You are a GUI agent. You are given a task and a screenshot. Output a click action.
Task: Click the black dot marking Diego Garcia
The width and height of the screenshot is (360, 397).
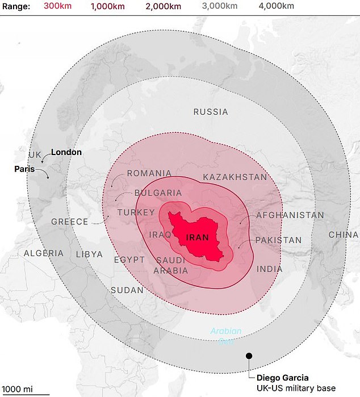coord(249,356)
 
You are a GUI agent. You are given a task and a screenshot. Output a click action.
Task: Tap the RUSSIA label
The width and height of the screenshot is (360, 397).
coord(211,112)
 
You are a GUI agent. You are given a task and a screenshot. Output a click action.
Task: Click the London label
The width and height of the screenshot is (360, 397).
coord(66,152)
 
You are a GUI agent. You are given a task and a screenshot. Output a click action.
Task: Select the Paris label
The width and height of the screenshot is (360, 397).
coord(24,169)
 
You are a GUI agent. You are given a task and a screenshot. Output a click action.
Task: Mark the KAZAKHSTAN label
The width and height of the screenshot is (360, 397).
coord(235,177)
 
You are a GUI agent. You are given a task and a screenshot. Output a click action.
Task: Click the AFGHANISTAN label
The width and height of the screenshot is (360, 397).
coord(290,215)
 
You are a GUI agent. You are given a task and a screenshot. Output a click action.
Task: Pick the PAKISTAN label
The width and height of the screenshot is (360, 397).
coord(278,240)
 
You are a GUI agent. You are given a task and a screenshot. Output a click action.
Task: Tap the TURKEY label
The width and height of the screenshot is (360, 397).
coord(136,212)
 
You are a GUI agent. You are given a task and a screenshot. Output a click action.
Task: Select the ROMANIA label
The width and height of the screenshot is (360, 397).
coord(149,173)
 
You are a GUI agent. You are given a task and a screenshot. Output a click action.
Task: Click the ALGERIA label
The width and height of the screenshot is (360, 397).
coord(44,253)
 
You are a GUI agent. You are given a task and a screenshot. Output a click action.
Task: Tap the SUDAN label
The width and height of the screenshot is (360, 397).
coord(127,290)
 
